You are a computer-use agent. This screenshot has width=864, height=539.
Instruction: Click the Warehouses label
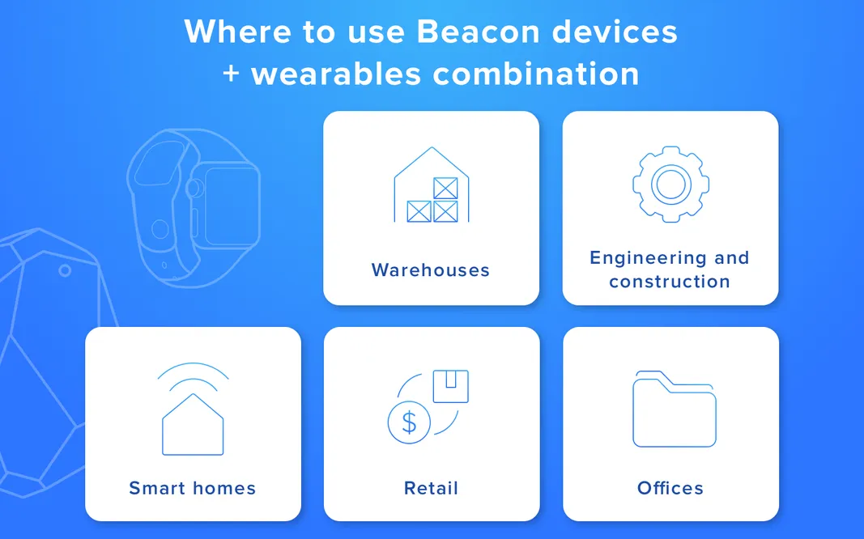431,270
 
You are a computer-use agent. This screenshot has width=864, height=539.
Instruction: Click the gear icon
670,185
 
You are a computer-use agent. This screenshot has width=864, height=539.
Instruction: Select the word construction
670,282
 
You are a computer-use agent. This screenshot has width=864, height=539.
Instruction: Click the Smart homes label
193,488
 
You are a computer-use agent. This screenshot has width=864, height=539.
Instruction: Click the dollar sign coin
409,422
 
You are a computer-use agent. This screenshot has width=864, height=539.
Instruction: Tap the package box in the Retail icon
450,386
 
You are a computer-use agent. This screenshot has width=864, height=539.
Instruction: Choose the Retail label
432,488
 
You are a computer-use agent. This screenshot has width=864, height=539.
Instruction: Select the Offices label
670,488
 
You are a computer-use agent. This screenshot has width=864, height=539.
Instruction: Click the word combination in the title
536,74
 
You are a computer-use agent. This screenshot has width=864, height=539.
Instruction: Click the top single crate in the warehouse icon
445,188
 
